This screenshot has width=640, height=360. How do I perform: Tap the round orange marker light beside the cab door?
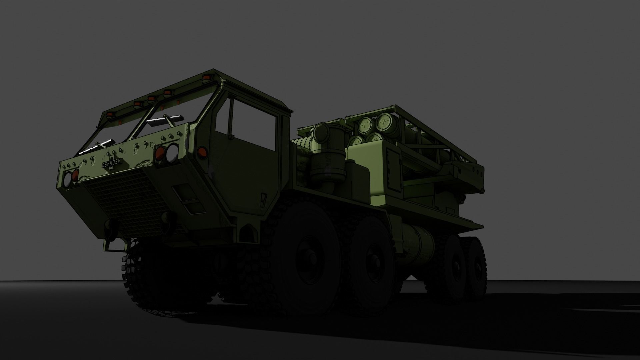[x=201, y=152]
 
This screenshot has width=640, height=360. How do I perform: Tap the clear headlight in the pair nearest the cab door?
[x=172, y=152]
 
